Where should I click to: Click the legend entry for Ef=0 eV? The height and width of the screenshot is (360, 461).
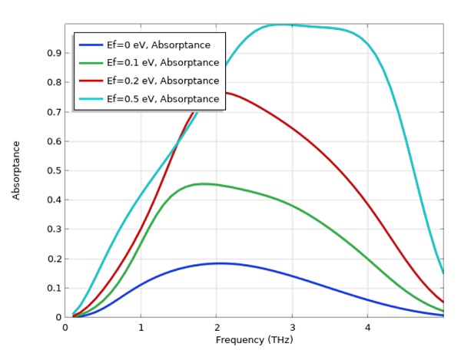158,45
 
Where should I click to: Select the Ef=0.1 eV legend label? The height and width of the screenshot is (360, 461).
163,63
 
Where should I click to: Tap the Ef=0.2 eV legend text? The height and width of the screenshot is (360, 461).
163,81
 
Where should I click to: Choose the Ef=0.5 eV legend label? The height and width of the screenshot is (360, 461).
163,98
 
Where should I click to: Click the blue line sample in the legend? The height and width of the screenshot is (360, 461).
91,45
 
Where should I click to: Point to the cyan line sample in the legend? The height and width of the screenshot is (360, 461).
91,98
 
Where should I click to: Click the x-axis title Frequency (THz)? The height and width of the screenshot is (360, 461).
254,340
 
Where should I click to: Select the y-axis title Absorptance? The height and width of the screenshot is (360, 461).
16,170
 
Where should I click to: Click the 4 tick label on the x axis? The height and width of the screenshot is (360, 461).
367,328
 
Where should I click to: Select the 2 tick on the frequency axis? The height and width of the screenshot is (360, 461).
216,328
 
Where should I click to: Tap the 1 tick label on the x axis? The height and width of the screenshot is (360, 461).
141,328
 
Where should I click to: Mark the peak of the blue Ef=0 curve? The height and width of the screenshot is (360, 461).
220,263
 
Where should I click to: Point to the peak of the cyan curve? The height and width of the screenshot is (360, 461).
283,25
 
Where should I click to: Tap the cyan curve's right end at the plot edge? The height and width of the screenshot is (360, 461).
443,272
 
